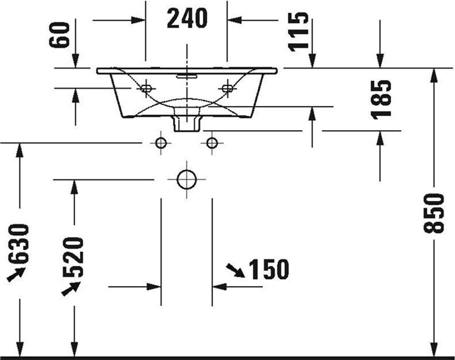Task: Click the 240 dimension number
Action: pyautogui.click(x=187, y=19)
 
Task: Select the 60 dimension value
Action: pyautogui.click(x=60, y=35)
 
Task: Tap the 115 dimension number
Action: pyautogui.click(x=298, y=32)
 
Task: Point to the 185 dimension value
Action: pyautogui.click(x=381, y=100)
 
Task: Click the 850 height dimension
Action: pyautogui.click(x=434, y=213)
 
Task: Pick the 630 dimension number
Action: pyautogui.click(x=19, y=244)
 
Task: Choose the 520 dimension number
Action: pyautogui.click(x=73, y=256)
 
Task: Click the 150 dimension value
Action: pyautogui.click(x=269, y=269)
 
